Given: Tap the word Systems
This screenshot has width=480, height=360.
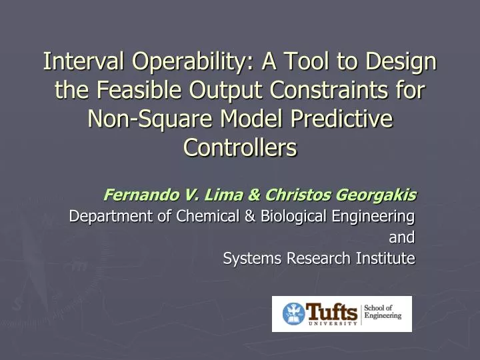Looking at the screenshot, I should click(249, 258).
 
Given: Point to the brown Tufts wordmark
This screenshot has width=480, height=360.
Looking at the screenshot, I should click(331, 311).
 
